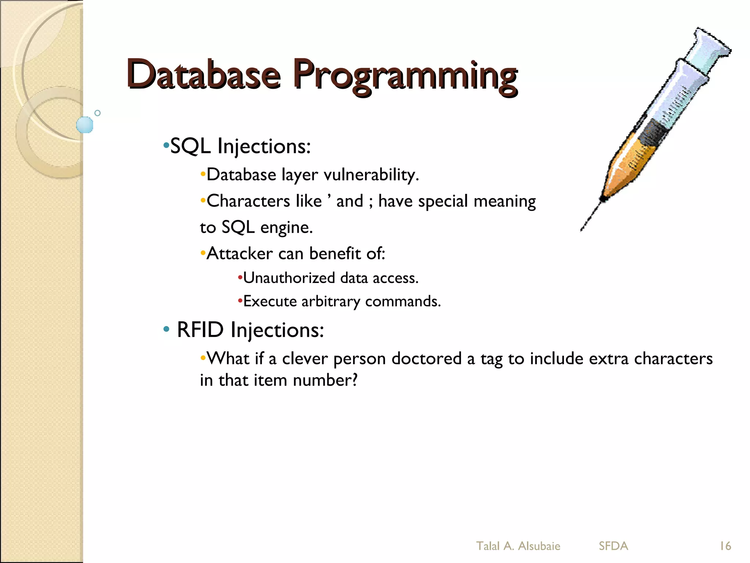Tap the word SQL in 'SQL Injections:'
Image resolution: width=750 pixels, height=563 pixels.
click(x=190, y=146)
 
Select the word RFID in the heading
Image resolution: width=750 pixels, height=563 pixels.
click(x=200, y=330)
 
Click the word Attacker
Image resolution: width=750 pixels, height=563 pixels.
click(x=240, y=253)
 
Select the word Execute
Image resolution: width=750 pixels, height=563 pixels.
click(x=270, y=301)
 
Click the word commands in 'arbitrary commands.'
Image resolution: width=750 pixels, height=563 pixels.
click(x=402, y=301)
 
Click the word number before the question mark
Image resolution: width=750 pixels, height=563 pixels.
click(x=322, y=380)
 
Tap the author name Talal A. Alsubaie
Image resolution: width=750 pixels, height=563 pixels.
click(x=518, y=546)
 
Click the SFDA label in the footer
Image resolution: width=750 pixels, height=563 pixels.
click(x=613, y=546)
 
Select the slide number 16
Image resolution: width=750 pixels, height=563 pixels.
click(x=725, y=546)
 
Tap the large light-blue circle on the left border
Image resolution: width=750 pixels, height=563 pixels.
click(x=85, y=125)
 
